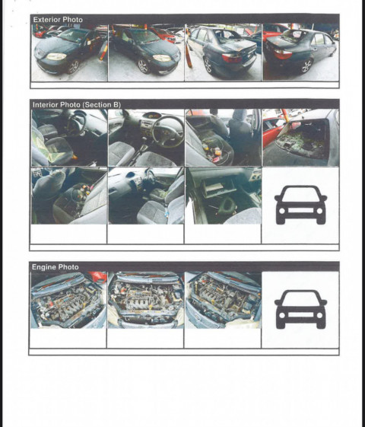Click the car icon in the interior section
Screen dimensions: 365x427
coord(300,205)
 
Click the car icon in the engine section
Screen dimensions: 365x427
coord(300,309)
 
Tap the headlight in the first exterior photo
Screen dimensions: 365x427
coord(56,56)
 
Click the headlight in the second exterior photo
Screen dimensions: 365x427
coord(162,58)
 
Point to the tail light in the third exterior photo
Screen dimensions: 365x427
coord(232,57)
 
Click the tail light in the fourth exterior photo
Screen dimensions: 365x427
coord(283,54)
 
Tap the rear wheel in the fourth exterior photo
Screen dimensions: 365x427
coord(306,66)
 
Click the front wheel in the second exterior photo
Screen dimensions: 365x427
coord(143,66)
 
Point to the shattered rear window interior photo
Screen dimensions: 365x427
coord(300,138)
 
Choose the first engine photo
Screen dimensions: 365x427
coord(68,300)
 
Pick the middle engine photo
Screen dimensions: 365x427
coord(146,300)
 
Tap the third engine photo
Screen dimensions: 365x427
coord(223,300)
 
